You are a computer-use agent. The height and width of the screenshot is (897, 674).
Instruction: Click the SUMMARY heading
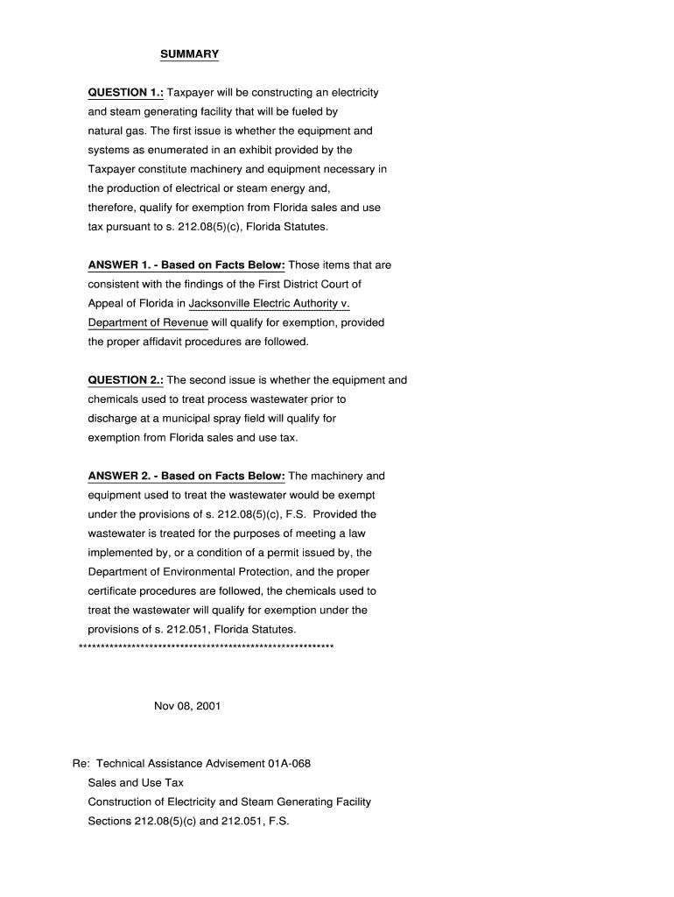[189, 54]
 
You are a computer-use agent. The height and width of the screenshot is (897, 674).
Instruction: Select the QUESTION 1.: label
[126, 93]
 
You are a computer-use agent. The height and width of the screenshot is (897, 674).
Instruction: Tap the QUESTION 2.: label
[126, 380]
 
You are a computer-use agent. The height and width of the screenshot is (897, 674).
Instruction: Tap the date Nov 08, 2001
[187, 706]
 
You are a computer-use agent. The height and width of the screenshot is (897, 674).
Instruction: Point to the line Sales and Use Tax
[136, 783]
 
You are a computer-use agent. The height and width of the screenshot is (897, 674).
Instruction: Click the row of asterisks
[206, 648]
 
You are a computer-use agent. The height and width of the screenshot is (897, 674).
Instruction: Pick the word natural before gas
[107, 131]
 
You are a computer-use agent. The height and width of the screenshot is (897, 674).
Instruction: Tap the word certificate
[113, 591]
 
